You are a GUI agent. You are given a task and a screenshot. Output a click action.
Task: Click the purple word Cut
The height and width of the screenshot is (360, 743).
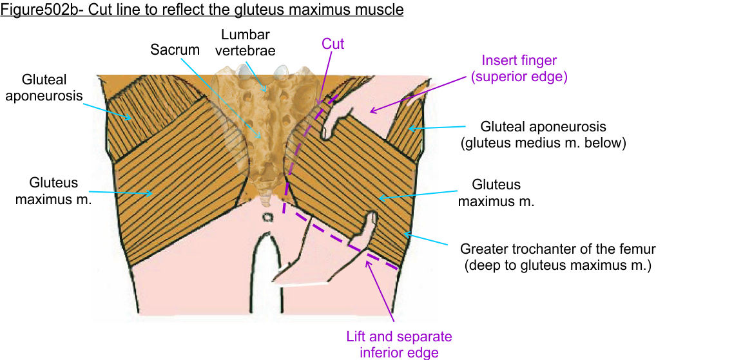[x=333, y=44]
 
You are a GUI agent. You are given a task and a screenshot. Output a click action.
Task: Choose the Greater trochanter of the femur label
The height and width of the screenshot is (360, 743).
[x=557, y=256]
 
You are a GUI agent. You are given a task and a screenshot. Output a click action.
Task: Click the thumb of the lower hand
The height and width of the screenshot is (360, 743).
[x=371, y=222]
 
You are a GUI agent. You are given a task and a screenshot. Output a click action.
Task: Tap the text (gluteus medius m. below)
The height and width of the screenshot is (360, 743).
[x=543, y=143]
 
